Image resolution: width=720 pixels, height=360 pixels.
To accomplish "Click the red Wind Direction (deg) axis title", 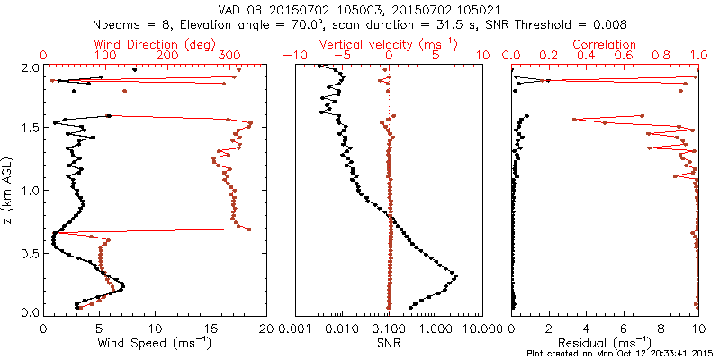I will tap(155, 44).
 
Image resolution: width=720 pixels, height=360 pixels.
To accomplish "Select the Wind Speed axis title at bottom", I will tap(156, 344).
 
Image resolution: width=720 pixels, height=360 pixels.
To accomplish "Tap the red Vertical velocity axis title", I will tap(389, 44).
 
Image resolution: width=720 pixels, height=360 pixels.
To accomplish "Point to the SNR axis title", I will tap(389, 343).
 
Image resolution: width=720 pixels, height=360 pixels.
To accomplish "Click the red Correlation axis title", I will tap(605, 44).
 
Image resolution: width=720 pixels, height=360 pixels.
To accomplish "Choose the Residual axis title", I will tap(605, 344).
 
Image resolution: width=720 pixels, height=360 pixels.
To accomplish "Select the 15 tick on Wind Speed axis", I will tap(211, 328).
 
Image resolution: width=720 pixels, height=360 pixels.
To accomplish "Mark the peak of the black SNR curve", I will tap(456, 276).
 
